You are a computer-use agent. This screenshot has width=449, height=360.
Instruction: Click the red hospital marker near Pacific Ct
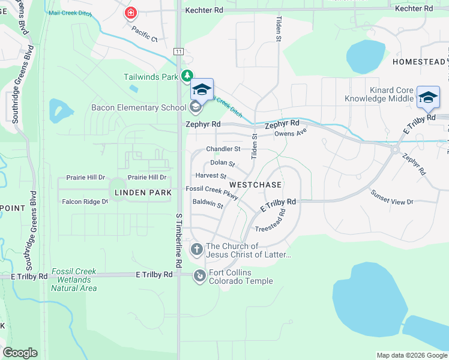tap(130, 13)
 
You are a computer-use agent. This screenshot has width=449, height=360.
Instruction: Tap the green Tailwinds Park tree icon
tap(188, 76)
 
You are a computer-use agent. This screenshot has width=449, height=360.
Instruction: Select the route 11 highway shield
tap(178, 52)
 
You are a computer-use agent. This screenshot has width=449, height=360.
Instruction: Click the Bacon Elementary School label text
tap(138, 108)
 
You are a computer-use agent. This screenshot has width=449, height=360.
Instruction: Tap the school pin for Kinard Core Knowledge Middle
tap(428, 97)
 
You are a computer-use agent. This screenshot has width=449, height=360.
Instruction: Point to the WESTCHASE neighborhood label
tap(252, 184)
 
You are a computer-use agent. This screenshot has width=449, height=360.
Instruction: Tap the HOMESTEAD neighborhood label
tap(419, 62)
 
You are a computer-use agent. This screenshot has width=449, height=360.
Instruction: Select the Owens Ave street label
tap(291, 133)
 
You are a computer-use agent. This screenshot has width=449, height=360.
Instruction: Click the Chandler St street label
tap(223, 149)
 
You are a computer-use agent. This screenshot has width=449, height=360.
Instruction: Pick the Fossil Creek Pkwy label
tap(212, 191)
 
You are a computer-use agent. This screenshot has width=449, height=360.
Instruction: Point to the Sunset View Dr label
tap(392, 197)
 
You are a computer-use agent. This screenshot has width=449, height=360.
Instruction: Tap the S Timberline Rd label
tap(179, 239)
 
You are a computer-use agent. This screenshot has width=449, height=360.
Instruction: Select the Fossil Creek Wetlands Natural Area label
tap(74, 280)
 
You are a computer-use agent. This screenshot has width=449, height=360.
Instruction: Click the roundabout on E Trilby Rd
tap(395, 149)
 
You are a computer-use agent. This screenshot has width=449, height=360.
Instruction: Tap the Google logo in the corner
tap(20, 353)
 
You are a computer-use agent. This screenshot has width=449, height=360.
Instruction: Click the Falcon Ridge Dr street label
tap(85, 202)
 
